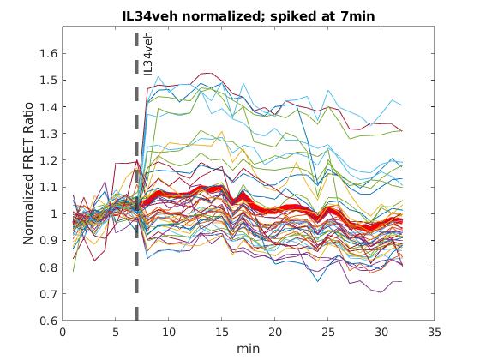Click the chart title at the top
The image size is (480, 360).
coord(249,16)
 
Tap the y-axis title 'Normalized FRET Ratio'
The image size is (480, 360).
coord(28,173)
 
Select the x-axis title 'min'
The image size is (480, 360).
coord(249,349)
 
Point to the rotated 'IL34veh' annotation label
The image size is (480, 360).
coord(147,54)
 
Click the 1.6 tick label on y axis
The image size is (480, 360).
coord(49,53)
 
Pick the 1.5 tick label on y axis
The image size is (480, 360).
coord(49,81)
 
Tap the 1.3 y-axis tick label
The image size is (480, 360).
coord(49,134)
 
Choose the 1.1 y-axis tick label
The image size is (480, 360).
coord(49,187)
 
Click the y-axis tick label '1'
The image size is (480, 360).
coord(54,213)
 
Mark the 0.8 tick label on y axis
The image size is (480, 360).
coord(49,267)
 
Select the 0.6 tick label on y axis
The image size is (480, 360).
coord(49,321)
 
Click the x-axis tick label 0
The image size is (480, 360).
coord(63,332)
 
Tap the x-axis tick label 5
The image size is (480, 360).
coord(116,332)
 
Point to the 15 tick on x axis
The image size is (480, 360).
coord(222,332)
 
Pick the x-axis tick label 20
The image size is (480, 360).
coord(274,332)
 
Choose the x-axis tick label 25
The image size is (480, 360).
coord(327,332)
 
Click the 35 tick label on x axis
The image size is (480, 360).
coord(434,332)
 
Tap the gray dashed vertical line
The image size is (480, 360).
coord(136,176)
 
